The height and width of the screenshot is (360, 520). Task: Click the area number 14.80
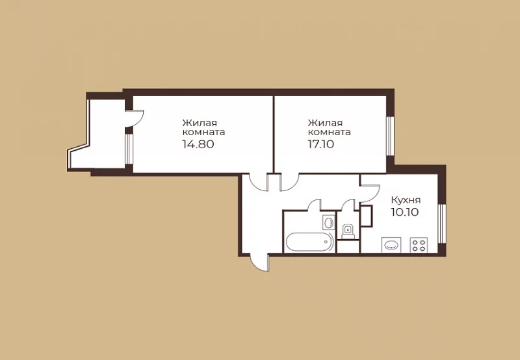pyautogui.click(x=198, y=144)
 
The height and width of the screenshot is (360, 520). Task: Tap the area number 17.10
pyautogui.click(x=321, y=144)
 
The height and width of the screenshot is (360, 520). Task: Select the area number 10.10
pyautogui.click(x=405, y=212)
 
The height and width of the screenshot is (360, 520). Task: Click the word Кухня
pyautogui.click(x=406, y=200)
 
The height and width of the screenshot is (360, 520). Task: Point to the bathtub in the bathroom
pyautogui.click(x=310, y=242)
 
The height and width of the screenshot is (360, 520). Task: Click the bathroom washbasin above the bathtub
pyautogui.click(x=329, y=222)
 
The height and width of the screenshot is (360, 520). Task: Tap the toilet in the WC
pyautogui.click(x=348, y=231)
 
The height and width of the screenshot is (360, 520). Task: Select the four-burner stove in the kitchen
pyautogui.click(x=419, y=245)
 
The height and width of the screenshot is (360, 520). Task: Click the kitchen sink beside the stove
pyautogui.click(x=391, y=245)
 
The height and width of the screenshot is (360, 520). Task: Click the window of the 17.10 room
pyautogui.click(x=391, y=136)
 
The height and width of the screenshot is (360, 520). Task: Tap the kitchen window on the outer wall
pyautogui.click(x=442, y=224)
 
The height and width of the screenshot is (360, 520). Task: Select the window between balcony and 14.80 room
pyautogui.click(x=129, y=149)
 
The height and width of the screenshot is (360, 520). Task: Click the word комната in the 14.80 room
pyautogui.click(x=203, y=133)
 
